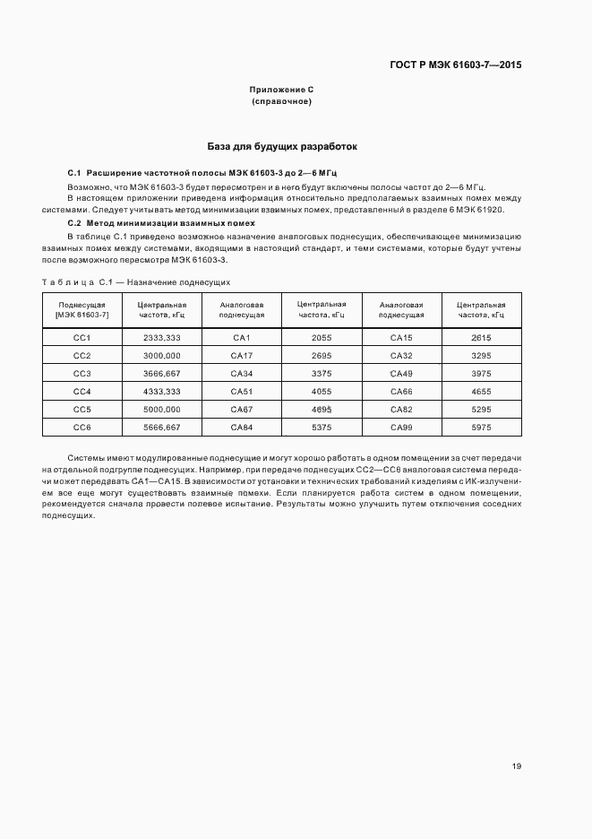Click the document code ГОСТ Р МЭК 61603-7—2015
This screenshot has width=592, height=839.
point(456,65)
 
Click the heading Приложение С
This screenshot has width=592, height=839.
point(281,91)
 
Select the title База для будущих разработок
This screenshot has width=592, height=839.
point(282,145)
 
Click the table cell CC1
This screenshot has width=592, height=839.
point(82,337)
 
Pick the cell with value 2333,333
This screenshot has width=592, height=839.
point(162,337)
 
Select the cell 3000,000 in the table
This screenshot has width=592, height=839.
point(162,355)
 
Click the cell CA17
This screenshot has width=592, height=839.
point(242,355)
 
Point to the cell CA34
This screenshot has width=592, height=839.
point(242,373)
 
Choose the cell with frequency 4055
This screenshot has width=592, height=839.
point(322,391)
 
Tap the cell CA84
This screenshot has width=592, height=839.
point(242,427)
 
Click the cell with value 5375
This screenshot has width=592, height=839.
point(322,427)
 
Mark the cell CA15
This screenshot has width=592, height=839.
point(401,337)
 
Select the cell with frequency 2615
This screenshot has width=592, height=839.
point(482,337)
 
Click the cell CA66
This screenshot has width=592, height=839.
point(401,391)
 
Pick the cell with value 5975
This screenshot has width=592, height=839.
point(482,427)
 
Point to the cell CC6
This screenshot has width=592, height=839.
point(82,427)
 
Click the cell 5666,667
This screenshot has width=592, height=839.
point(162,427)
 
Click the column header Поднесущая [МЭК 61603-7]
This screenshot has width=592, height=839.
point(82,310)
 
